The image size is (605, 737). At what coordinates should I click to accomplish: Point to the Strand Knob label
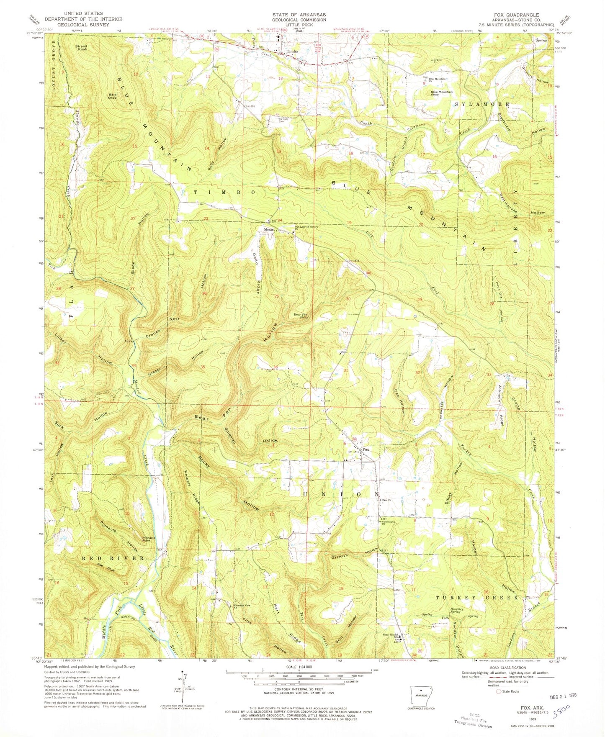[81, 48]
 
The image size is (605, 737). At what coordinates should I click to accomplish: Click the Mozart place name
[268, 229]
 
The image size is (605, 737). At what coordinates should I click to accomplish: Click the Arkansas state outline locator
[422, 696]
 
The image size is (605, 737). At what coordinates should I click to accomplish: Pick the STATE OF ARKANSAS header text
[299, 14]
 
